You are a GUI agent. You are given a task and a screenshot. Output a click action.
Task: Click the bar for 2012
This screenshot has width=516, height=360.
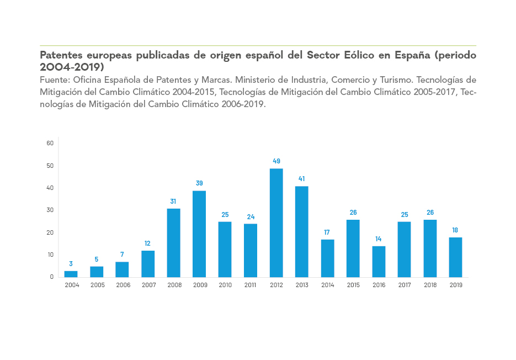click(276, 223)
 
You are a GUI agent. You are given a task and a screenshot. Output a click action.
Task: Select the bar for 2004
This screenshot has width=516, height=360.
click(71, 274)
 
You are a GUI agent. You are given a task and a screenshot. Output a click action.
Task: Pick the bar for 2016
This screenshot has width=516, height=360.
click(379, 261)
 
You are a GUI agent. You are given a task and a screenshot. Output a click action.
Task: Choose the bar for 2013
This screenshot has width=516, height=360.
click(301, 231)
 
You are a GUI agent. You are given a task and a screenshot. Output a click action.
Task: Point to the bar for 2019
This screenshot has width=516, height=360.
click(455, 257)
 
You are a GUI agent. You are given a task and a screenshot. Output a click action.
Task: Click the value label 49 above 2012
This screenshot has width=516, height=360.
click(276, 161)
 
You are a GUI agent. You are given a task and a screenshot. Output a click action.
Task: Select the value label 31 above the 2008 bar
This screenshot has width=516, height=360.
click(173, 202)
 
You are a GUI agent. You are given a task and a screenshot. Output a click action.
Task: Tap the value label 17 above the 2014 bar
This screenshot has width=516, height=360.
click(327, 232)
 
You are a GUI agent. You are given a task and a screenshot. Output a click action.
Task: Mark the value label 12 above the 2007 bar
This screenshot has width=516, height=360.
click(147, 243)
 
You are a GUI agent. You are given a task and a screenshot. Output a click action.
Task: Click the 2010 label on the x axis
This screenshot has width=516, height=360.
click(225, 285)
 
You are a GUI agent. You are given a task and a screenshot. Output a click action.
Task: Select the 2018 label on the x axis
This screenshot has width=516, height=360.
click(430, 285)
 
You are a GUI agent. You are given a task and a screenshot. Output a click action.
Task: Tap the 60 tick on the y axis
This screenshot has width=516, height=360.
click(50, 143)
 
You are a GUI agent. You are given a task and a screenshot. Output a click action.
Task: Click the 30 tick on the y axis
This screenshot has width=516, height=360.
click(50, 210)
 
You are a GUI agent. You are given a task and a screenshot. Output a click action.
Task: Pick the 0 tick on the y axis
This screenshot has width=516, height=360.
click(51, 277)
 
